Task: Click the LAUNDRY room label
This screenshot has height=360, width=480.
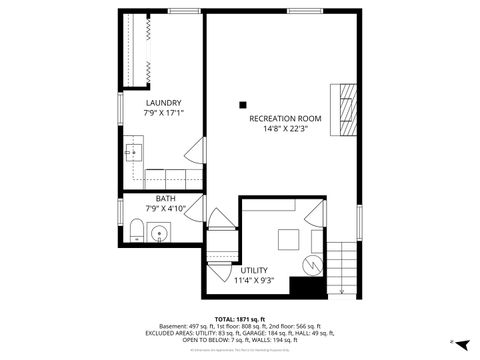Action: point(162,102)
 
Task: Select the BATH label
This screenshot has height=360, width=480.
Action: point(165,198)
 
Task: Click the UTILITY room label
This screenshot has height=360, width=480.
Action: point(254,270)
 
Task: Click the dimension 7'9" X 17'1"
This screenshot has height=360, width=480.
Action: point(162,113)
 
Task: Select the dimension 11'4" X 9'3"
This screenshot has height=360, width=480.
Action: point(254,281)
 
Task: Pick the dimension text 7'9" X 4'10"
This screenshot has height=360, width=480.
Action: point(165,208)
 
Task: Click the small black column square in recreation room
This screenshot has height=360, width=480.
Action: point(242,102)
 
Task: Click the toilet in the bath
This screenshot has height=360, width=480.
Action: point(135,234)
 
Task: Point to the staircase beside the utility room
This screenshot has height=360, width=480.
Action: point(344,265)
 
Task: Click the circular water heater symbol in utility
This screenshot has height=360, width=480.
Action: point(310,265)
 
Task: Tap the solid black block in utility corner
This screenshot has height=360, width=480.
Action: point(307,287)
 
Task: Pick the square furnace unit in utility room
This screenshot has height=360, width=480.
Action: point(288,239)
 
